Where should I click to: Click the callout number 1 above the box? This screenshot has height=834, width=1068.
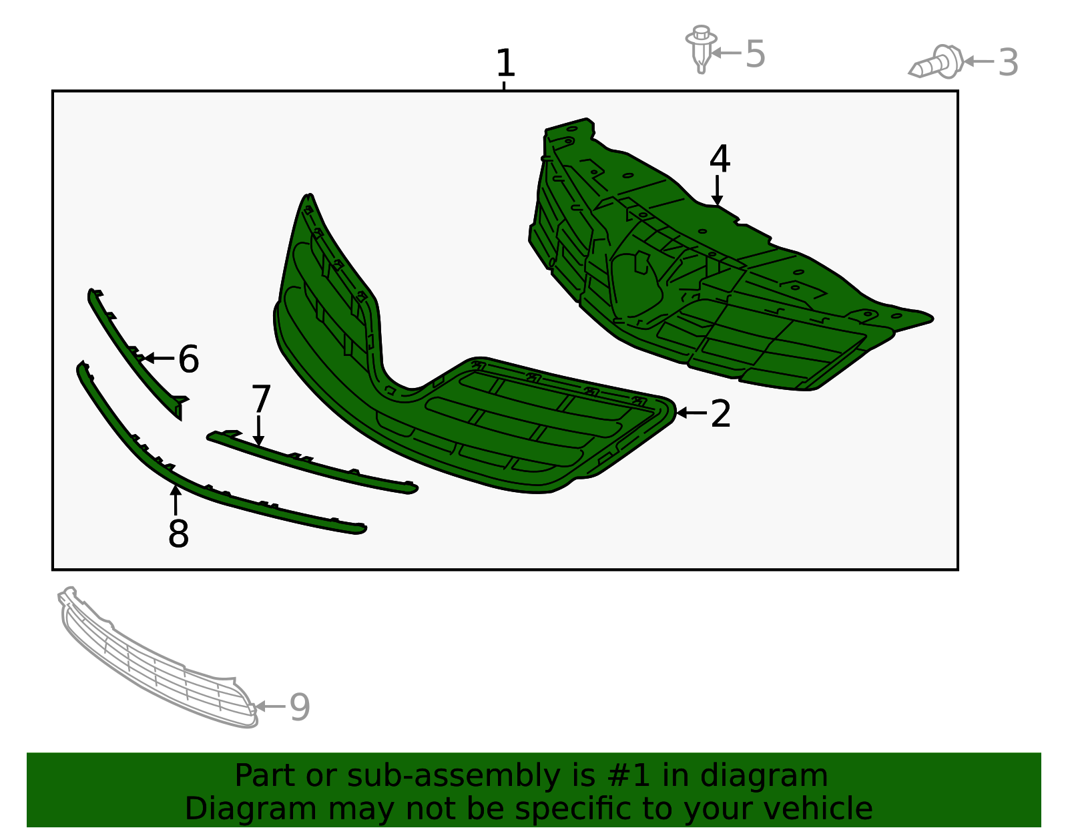click(x=505, y=63)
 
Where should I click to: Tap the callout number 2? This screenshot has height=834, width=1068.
click(x=720, y=413)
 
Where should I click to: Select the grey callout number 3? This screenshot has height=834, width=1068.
click(x=1008, y=63)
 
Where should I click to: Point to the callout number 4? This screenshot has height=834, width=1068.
click(x=720, y=158)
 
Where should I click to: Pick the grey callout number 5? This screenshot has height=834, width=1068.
click(x=756, y=53)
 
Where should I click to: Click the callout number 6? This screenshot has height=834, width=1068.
click(x=189, y=359)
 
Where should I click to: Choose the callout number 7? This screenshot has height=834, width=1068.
click(x=261, y=399)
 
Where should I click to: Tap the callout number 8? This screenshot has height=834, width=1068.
click(x=178, y=534)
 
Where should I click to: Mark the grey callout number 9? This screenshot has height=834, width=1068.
click(x=300, y=706)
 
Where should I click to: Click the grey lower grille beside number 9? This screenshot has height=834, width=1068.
click(x=158, y=658)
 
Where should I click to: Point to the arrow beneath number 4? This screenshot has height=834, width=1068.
click(x=717, y=190)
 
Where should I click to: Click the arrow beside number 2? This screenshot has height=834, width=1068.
click(x=692, y=413)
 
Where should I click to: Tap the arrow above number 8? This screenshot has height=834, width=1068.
click(x=176, y=499)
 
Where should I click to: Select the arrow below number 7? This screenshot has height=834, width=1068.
click(x=258, y=431)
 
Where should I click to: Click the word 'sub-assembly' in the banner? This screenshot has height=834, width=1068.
click(x=454, y=775)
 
